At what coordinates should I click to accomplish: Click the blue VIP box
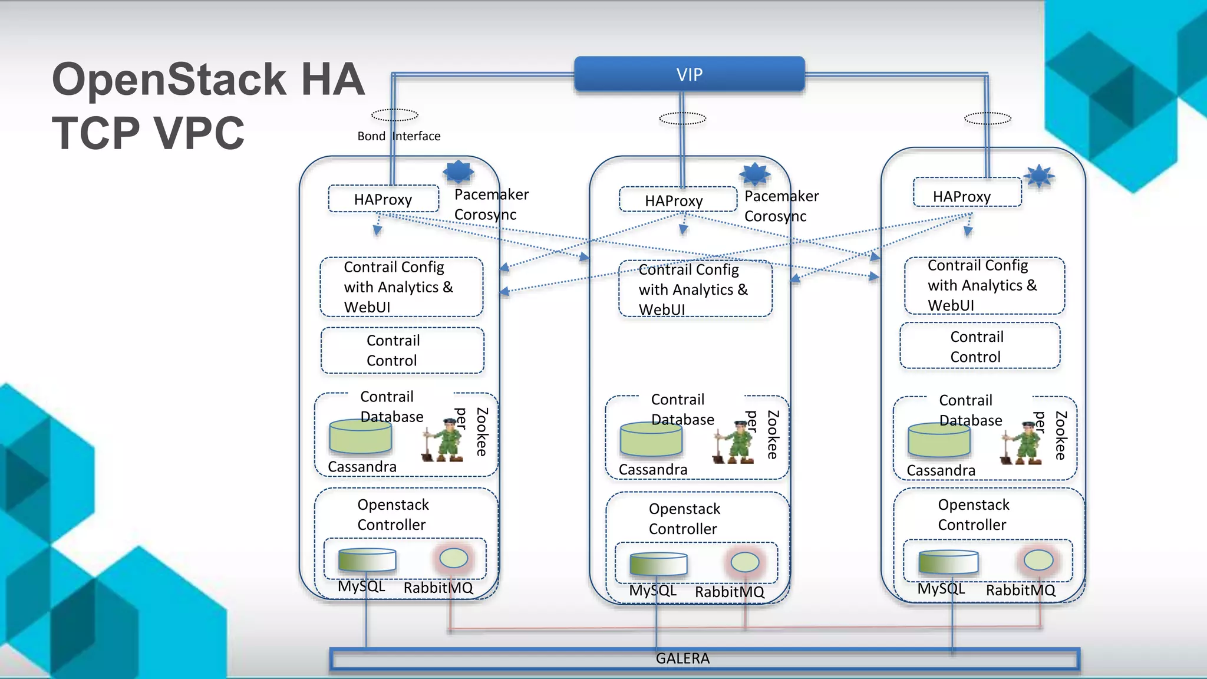[x=689, y=74]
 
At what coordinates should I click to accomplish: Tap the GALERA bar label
[x=682, y=658]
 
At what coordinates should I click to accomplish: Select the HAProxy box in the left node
[x=383, y=199]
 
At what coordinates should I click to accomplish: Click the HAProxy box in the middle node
[x=677, y=200]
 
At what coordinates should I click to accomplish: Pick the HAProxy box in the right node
[x=967, y=193]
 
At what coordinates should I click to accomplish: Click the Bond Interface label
[x=398, y=136]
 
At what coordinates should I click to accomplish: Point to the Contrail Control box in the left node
[x=402, y=351]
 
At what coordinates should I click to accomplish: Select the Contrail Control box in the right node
[x=980, y=347]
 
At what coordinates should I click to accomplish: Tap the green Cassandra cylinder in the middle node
[x=651, y=440]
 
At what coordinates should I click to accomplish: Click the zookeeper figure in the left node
[x=442, y=440]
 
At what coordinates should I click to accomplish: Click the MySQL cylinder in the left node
[x=367, y=560]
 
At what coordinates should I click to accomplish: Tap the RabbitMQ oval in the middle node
[x=744, y=562]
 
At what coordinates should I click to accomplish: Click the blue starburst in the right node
[x=1039, y=176]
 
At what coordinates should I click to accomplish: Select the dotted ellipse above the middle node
[x=682, y=118]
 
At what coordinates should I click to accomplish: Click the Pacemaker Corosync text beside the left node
[x=490, y=205]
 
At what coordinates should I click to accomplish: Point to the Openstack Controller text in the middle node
[x=684, y=519]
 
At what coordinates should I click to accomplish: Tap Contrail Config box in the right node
[x=984, y=285]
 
